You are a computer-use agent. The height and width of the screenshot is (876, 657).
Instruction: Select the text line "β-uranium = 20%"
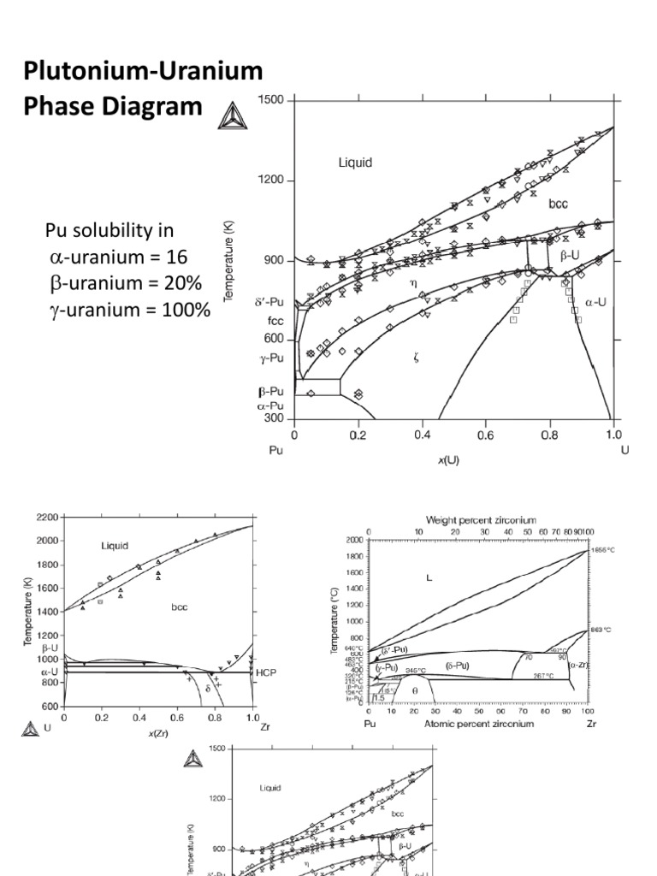[x=127, y=283]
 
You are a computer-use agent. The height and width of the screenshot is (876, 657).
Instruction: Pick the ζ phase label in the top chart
[x=416, y=358]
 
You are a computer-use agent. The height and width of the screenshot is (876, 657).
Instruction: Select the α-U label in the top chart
[x=595, y=301]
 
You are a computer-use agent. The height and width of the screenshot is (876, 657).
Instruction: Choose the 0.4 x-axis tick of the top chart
[x=422, y=435]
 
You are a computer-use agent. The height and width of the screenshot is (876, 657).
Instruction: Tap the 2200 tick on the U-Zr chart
[x=48, y=518]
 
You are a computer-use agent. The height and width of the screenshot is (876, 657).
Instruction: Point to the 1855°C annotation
[x=601, y=550]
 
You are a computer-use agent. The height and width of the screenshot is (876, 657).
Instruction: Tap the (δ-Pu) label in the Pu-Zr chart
[x=459, y=665]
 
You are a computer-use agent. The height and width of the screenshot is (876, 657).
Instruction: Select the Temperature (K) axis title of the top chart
[x=228, y=261]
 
